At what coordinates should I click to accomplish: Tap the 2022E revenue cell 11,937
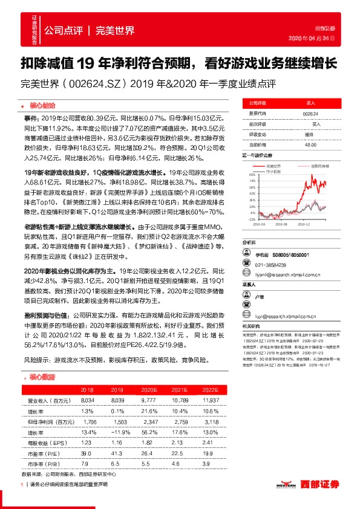pyautogui.click(x=211, y=400)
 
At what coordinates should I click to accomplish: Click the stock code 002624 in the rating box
pyautogui.click(x=310, y=113)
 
